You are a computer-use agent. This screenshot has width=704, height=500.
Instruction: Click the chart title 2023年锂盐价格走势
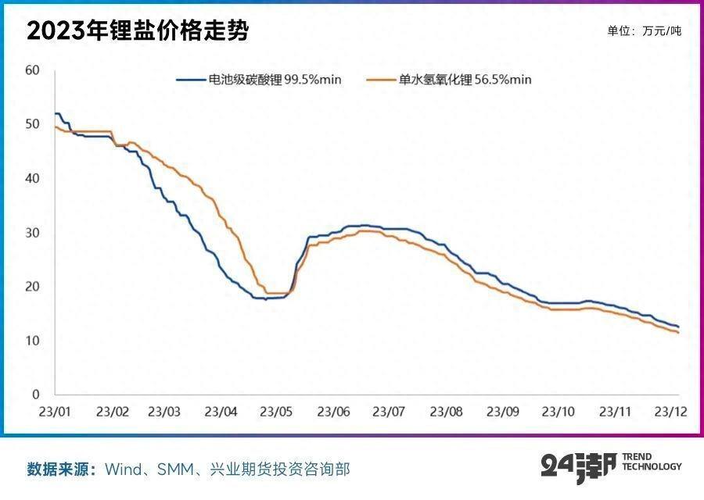[138, 31]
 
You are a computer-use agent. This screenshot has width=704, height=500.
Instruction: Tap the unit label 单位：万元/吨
[643, 31]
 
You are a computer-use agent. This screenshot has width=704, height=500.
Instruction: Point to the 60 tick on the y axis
[32, 70]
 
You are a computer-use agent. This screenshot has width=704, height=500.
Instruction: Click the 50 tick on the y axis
[32, 124]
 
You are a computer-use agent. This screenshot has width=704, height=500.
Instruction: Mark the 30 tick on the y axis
[32, 233]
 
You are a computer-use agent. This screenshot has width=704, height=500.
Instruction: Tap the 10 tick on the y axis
[32, 341]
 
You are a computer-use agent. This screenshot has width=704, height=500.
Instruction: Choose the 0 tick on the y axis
[35, 395]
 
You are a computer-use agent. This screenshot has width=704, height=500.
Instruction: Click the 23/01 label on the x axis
[56, 412]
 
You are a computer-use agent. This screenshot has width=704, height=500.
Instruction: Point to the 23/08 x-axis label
[447, 412]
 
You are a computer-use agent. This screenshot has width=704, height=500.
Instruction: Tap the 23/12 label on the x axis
[670, 412]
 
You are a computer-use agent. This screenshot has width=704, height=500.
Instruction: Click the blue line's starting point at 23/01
[56, 113]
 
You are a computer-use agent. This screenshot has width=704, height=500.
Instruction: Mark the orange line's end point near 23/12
[678, 333]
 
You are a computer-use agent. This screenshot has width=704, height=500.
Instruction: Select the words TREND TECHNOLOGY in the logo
[652, 462]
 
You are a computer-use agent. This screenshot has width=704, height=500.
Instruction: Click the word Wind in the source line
[124, 470]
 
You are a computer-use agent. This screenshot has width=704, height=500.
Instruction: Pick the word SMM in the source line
[174, 470]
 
